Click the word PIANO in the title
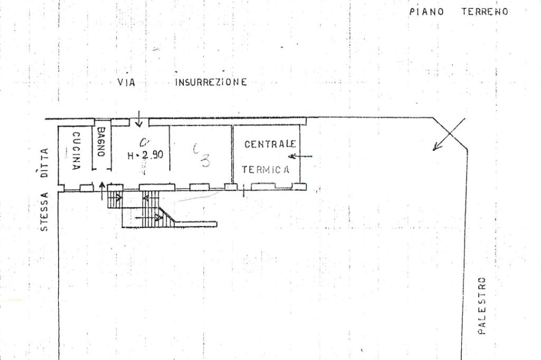pos(426,12)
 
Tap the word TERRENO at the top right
pos(484,12)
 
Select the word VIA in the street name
pos(126,82)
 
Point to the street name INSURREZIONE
pos(210,82)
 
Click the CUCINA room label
pos(76,150)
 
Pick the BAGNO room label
pos(101,141)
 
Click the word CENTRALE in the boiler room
pos(269,144)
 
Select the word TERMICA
pos(266,169)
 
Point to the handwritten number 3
pos(204,160)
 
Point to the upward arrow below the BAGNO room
pos(101,191)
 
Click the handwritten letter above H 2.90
pos(143,141)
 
